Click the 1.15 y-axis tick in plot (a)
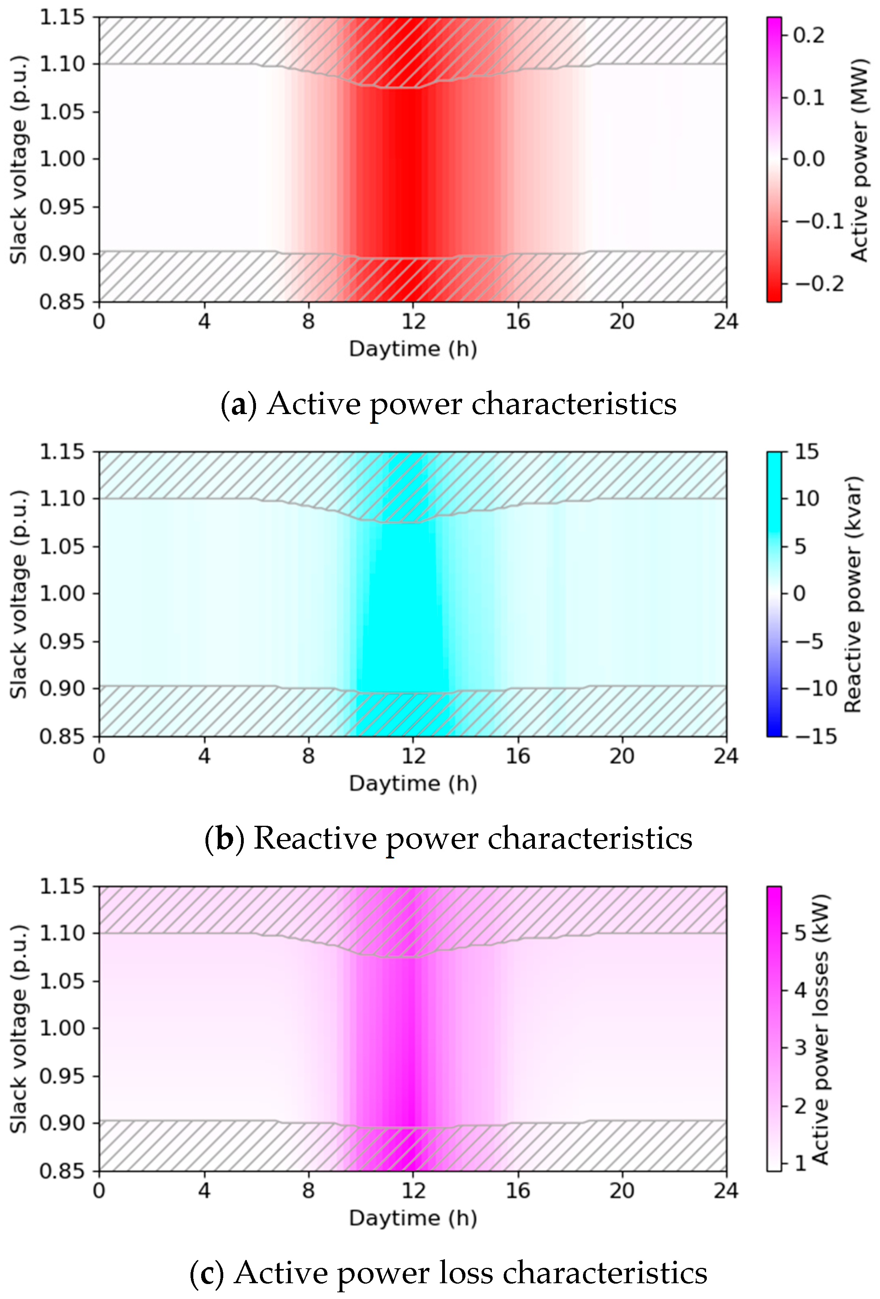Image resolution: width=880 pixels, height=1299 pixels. coord(62,17)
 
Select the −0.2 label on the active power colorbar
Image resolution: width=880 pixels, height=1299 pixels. coord(819,284)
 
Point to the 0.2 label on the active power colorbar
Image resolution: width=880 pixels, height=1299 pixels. coord(809,35)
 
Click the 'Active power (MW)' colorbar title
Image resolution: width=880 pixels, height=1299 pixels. coord(859,159)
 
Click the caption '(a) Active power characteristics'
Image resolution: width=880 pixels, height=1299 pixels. coord(448,403)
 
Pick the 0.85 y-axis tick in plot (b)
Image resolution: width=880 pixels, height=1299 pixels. coord(62,736)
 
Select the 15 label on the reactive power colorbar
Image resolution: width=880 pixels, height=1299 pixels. coord(807,452)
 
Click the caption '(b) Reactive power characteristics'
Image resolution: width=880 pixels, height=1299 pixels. coord(448,838)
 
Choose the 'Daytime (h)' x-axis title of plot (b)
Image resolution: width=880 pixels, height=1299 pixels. coord(413,784)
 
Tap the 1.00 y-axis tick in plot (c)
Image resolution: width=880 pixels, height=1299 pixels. coord(62,1028)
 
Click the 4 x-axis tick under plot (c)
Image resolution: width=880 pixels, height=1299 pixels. coord(204,1191)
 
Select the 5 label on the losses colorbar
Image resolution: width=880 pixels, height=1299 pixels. coord(801,932)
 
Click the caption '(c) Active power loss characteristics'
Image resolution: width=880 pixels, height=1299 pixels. coord(448,1273)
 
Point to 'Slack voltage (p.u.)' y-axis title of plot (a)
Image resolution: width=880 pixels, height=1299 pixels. coord(19,159)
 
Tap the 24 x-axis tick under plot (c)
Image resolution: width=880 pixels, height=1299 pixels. coord(726,1191)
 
